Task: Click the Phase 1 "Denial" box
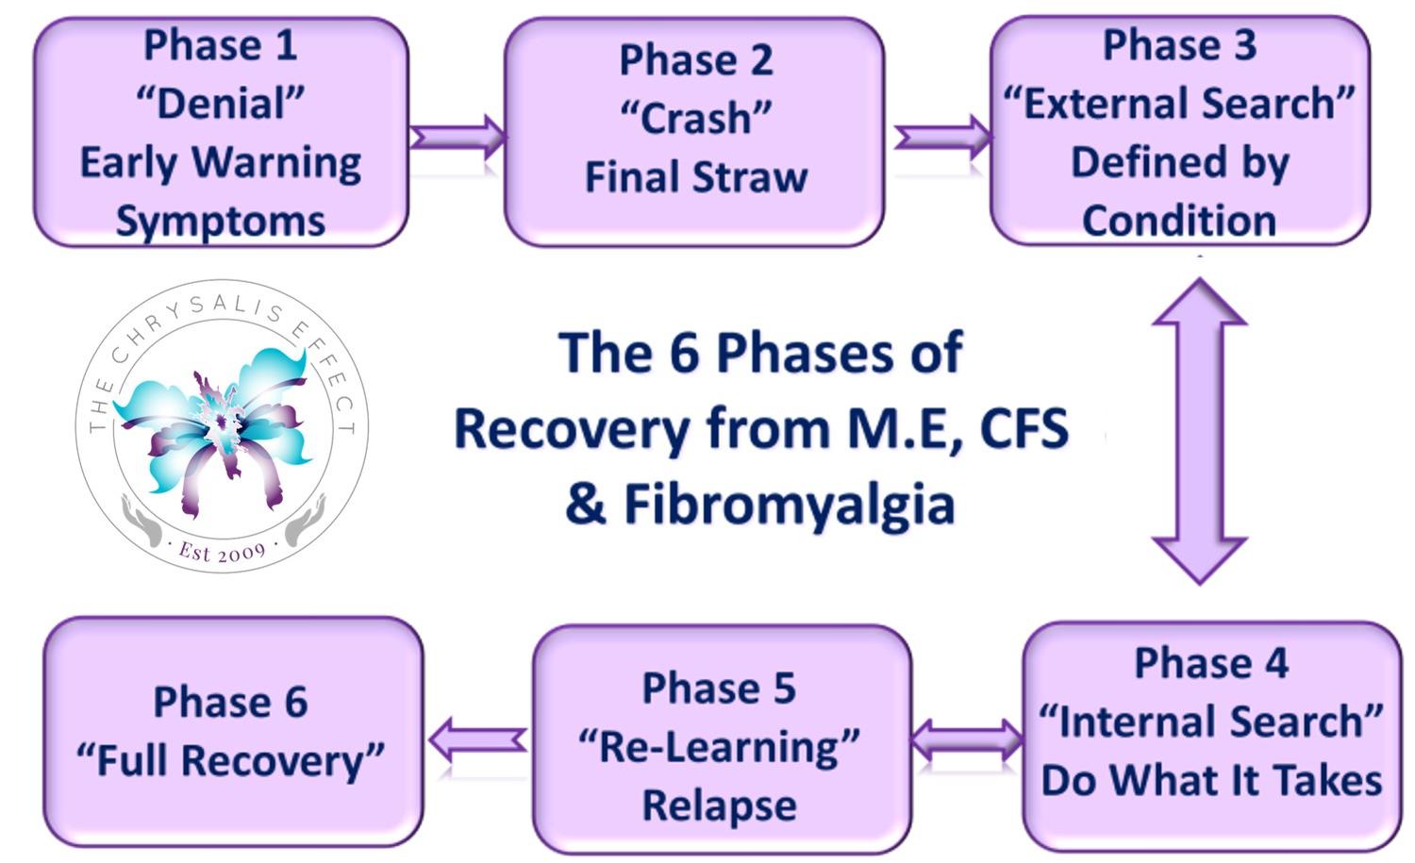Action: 221,133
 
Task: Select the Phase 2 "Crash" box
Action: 695,133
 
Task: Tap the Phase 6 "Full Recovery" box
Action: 233,732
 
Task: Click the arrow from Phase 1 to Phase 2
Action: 458,137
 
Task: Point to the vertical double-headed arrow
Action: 1199,430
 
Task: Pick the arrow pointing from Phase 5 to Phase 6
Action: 478,739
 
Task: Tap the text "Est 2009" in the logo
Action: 223,551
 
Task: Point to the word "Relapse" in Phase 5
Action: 720,805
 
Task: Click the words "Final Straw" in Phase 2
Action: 696,177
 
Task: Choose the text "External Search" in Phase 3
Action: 1179,104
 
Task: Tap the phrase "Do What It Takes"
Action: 1211,781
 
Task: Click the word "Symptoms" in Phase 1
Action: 221,221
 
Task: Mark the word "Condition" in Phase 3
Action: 1179,221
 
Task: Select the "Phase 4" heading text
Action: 1211,663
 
